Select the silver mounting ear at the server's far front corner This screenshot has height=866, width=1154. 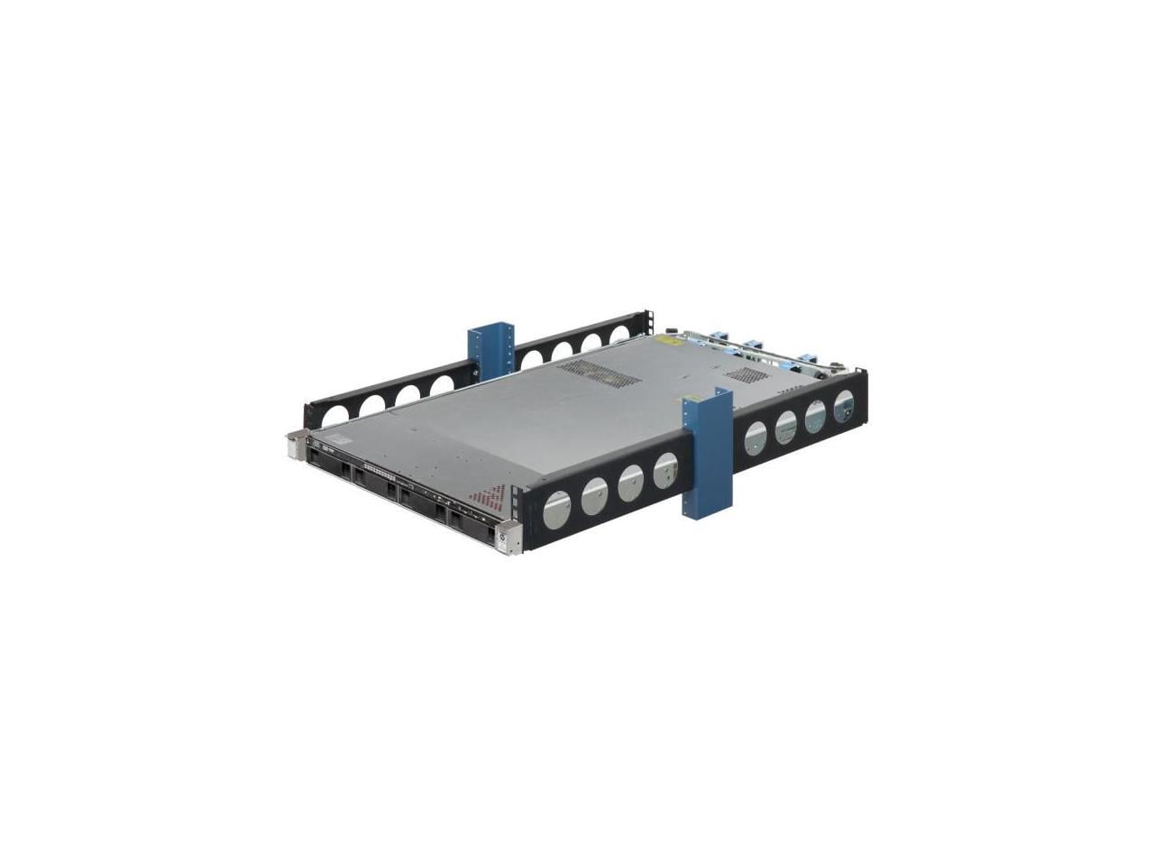(x=296, y=444)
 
